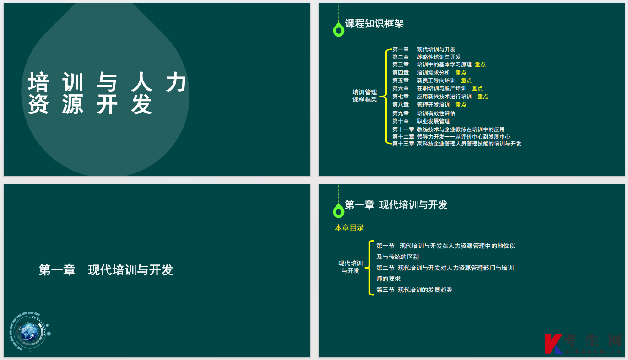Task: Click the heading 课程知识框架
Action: [374, 24]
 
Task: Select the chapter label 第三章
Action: [401, 64]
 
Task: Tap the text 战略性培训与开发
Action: [439, 57]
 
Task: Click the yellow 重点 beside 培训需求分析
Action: [461, 73]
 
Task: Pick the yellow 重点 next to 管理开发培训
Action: [461, 105]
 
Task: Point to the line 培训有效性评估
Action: [436, 113]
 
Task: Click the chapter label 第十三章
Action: [403, 144]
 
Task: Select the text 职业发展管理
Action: [433, 121]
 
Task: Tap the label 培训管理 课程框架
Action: [364, 96]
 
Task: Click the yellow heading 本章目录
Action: [349, 228]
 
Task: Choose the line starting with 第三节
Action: [414, 290]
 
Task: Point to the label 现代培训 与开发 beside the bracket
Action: [351, 267]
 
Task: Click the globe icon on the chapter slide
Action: [29, 332]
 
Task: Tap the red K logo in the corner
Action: [553, 344]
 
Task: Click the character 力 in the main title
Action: [176, 82]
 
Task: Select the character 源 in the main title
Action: [73, 104]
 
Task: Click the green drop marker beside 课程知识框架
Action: [339, 29]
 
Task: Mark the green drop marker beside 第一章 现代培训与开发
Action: [339, 210]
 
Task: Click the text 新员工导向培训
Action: [436, 81]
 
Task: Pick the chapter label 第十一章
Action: [403, 129]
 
